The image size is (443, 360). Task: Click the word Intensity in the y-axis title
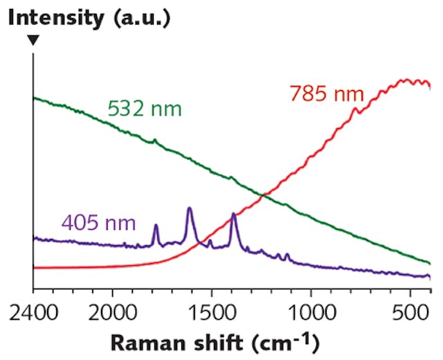coord(53,17)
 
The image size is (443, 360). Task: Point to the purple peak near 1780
coord(156,224)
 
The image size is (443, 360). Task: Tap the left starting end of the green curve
coord(35,98)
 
